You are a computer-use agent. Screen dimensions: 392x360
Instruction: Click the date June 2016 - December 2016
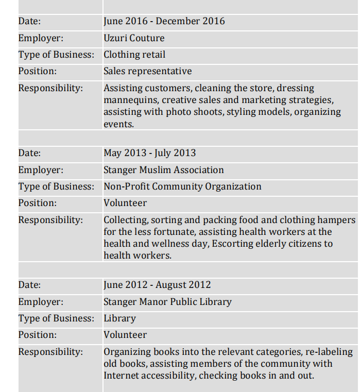[x=164, y=21]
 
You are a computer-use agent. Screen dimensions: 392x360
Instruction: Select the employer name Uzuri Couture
[x=134, y=38]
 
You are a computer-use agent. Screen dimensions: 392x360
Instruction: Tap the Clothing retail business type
[x=134, y=55]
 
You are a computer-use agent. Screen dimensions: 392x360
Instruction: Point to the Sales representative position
[x=147, y=71]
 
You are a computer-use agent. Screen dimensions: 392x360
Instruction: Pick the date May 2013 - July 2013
[x=149, y=153]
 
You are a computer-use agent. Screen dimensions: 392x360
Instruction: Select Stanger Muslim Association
[x=163, y=170]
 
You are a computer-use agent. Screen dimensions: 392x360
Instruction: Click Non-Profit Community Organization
[x=182, y=186]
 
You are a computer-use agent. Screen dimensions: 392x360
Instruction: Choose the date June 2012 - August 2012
[x=157, y=285]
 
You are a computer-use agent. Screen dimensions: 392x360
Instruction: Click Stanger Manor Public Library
[x=167, y=302]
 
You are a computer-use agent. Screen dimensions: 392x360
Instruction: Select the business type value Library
[x=119, y=318]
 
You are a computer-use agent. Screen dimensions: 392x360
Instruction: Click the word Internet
[x=122, y=376]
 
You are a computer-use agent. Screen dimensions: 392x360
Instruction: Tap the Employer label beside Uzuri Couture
[x=41, y=38]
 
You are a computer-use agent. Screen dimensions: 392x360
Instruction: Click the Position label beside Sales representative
[x=38, y=71]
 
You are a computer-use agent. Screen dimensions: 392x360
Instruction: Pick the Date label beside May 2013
[x=29, y=153]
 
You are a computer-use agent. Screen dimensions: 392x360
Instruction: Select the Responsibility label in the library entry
[x=50, y=352]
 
